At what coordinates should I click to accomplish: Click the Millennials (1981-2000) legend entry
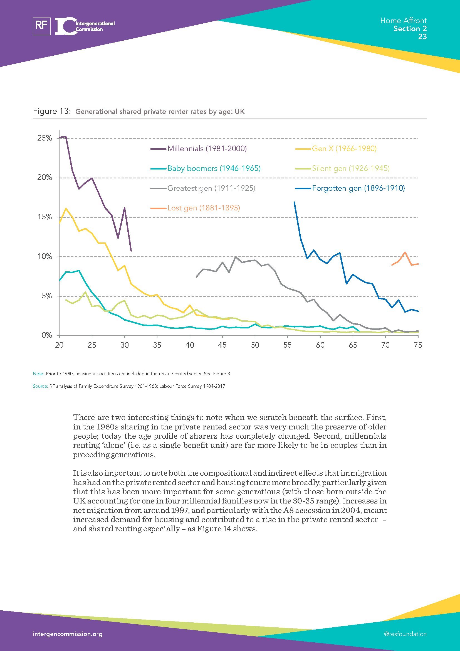click(x=207, y=149)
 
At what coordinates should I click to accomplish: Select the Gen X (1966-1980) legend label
click(x=344, y=149)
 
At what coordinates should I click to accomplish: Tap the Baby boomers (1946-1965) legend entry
click(x=214, y=168)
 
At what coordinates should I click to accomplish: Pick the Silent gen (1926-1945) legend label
click(x=351, y=168)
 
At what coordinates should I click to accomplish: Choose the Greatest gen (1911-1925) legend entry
click(x=211, y=188)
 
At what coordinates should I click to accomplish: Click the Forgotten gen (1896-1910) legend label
click(x=358, y=188)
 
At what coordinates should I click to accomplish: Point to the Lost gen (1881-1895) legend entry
click(x=203, y=208)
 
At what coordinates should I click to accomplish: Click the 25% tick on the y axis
click(x=45, y=138)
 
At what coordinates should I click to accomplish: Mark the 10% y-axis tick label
click(x=45, y=257)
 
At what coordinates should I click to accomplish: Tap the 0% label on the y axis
click(x=47, y=335)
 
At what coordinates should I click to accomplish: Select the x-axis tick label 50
click(x=255, y=345)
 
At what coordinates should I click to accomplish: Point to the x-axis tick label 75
click(x=418, y=345)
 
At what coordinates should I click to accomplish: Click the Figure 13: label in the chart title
click(x=51, y=111)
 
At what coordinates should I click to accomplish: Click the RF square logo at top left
click(x=42, y=26)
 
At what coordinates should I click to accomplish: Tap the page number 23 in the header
click(x=422, y=36)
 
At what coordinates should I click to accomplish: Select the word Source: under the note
click(x=40, y=386)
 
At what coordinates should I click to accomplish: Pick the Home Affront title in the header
click(x=403, y=20)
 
